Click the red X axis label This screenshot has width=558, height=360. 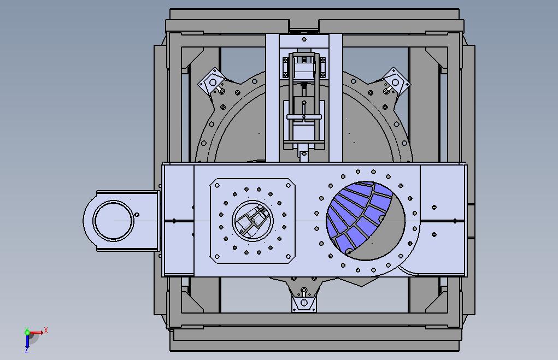pyautogui.click(x=45, y=331)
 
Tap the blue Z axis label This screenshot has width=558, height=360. pyautogui.click(x=27, y=350)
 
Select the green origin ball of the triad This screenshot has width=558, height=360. pyautogui.click(x=27, y=333)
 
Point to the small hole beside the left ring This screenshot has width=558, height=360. pyautogui.click(x=137, y=215)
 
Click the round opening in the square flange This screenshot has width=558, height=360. pyautogui.click(x=252, y=221)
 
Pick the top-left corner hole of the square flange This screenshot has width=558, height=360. pyautogui.click(x=217, y=185)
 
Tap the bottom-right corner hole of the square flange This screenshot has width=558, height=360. pyautogui.click(x=288, y=257)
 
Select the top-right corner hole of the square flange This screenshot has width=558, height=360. pyautogui.click(x=288, y=185)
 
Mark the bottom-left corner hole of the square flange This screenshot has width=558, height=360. pyautogui.click(x=217, y=257)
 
